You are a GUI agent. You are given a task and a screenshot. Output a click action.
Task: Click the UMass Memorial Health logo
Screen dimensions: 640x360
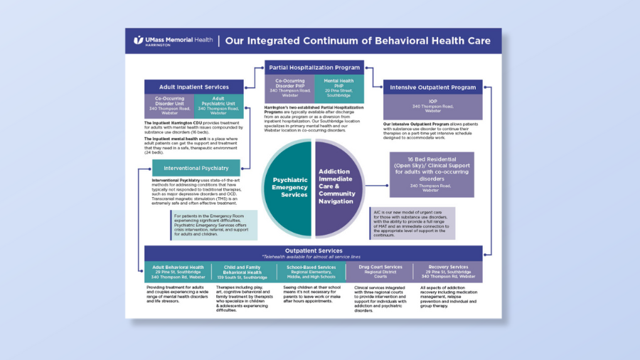[168, 41]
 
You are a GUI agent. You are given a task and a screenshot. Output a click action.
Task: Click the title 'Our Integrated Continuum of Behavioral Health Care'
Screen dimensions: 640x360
[358, 41]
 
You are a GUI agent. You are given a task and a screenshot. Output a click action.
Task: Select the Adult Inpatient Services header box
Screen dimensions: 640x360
[194, 87]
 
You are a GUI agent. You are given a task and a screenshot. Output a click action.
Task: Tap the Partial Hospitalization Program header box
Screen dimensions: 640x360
[314, 68]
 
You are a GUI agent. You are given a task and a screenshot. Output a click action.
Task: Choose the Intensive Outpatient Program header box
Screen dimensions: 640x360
[432, 88]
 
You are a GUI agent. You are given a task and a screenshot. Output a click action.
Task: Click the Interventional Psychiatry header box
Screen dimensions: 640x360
[196, 168]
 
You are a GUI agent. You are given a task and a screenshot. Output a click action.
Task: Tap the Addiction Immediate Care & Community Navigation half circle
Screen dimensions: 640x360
[340, 187]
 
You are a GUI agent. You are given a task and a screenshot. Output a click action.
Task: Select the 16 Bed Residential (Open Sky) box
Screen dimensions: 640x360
[432, 174]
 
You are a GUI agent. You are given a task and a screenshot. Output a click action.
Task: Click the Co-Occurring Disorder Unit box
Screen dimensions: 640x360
[169, 106]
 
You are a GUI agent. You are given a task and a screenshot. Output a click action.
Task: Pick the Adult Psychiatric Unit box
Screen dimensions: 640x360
[219, 106]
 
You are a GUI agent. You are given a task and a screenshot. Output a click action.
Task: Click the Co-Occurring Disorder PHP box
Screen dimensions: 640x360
[289, 88]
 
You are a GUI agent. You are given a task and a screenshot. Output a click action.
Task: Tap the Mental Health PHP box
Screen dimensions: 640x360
[339, 88]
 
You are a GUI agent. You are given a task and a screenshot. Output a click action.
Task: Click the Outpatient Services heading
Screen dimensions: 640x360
[313, 251]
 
